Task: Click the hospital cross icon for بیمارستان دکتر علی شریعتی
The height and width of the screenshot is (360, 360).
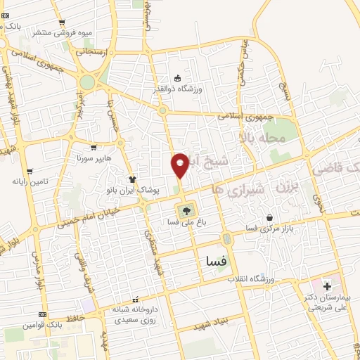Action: coord(326,286)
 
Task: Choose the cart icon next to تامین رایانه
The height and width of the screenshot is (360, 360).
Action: coord(29,171)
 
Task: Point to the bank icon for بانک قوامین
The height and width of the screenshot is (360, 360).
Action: coord(43,314)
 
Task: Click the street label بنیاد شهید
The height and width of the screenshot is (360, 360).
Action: coord(208,324)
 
